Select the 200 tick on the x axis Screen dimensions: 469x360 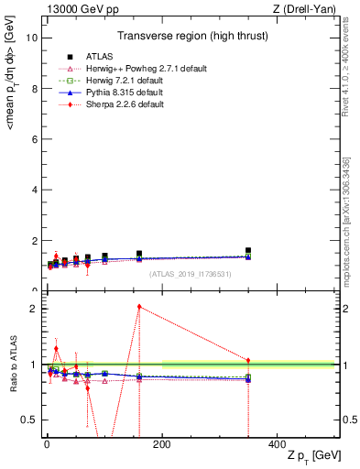[161, 442]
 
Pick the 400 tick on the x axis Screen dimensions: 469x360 [277, 442]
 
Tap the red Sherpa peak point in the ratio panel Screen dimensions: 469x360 [139, 307]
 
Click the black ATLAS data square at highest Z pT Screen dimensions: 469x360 [248, 250]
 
